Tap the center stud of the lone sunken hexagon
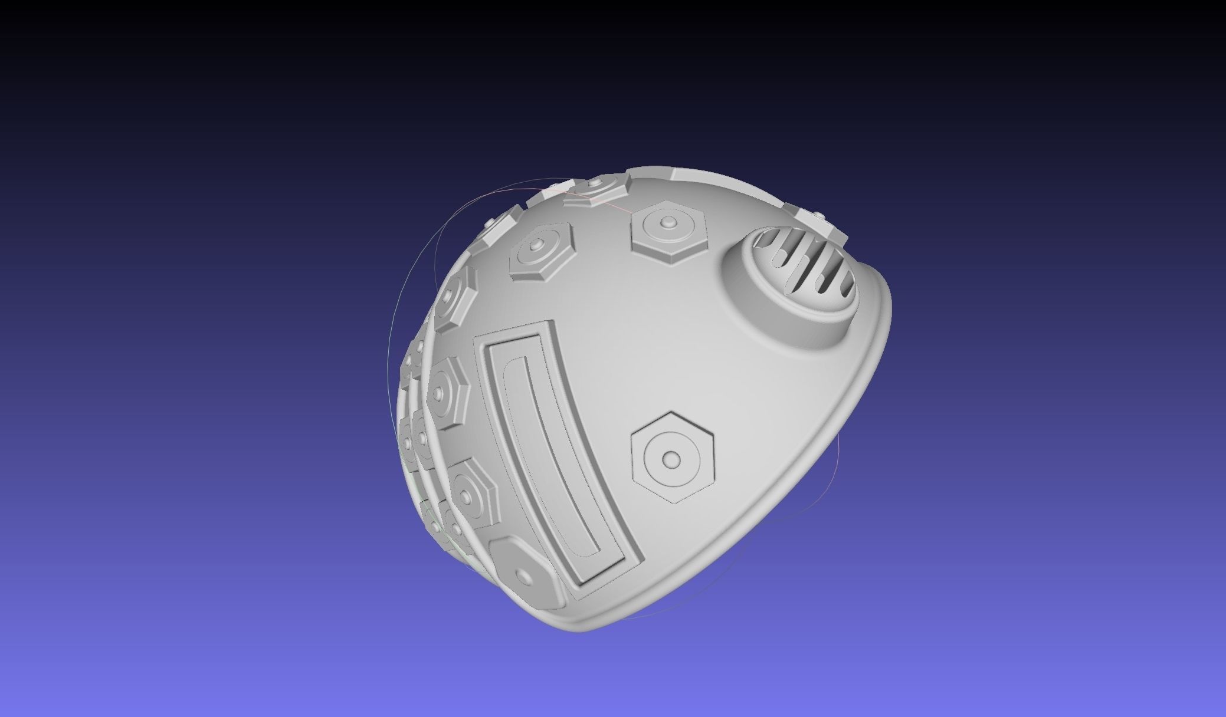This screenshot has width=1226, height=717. coord(671,458)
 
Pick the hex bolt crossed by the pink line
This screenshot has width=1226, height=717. coord(596,192)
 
